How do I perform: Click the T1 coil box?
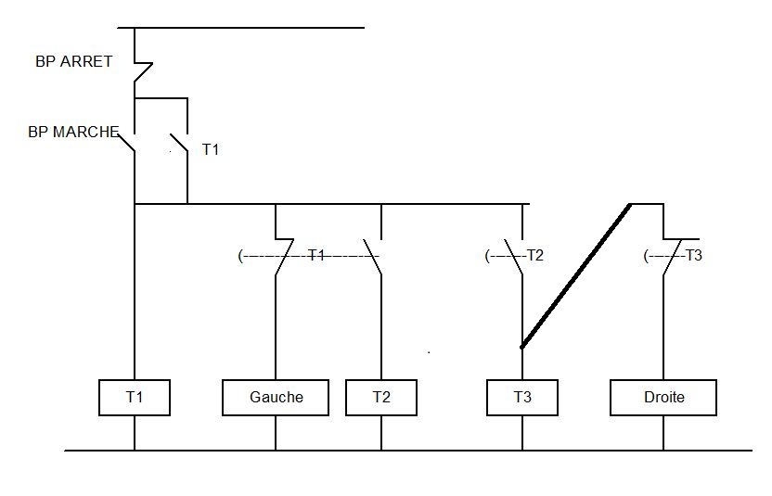point(135,397)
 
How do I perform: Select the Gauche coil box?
point(276,397)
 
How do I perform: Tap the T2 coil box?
point(381,397)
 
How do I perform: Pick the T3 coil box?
point(522,397)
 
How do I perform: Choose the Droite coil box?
point(663,397)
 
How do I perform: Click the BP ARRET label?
point(73,61)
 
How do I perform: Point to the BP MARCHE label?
point(73,132)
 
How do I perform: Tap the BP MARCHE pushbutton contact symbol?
point(130,143)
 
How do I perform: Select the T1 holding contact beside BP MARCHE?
point(179,143)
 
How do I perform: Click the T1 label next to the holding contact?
point(211,148)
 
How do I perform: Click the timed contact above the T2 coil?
point(373,255)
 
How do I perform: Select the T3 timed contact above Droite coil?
point(670,255)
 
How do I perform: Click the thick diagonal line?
point(576,275)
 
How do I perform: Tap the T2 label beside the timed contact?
point(534,255)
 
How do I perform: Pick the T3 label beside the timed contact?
point(694,255)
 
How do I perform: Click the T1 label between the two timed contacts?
point(316,255)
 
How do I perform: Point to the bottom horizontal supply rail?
point(408,451)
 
